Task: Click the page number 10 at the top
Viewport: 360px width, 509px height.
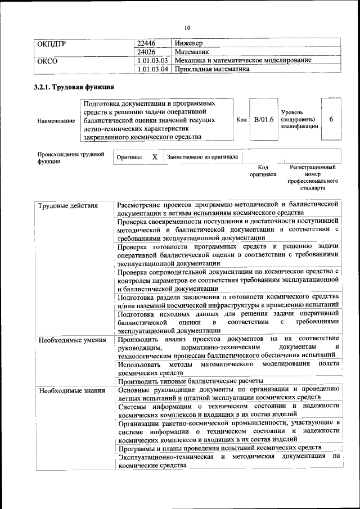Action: point(187,28)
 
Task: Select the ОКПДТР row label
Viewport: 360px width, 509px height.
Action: point(52,43)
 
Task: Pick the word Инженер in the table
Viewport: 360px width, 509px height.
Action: point(188,43)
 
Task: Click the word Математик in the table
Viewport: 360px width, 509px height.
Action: point(192,52)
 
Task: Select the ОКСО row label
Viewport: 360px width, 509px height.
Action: point(47,61)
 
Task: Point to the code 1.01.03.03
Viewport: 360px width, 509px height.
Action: point(153,61)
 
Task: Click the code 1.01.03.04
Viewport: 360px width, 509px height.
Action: point(153,69)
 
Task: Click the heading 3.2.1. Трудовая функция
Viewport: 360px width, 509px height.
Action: point(74,87)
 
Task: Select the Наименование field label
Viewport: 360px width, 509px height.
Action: point(56,120)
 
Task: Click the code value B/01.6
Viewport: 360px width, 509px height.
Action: point(263,119)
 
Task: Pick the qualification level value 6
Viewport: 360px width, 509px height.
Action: point(331,119)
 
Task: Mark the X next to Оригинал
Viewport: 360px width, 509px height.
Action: point(155,157)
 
